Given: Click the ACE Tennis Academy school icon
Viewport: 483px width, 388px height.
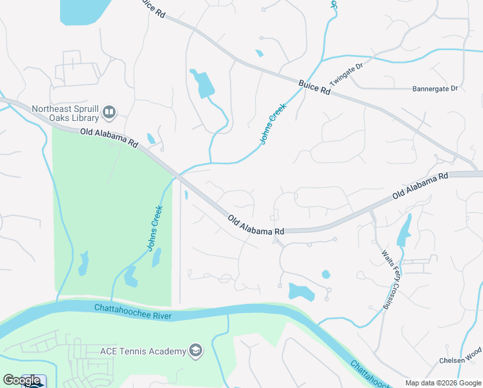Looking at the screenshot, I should tap(194, 351).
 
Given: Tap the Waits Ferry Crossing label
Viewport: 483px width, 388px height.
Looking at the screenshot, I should tap(389, 279).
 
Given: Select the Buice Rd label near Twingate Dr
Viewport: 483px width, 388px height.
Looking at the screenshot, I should tap(314, 87).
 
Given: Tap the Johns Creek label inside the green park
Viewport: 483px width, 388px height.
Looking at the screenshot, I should tap(154, 228).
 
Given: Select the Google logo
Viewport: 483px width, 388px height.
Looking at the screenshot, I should tap(22, 380).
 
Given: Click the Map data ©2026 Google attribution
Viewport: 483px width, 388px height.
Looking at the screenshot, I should tap(443, 383).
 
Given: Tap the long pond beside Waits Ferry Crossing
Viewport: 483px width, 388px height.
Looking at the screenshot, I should tap(404, 231).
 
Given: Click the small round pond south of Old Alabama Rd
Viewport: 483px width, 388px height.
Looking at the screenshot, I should tap(325, 274).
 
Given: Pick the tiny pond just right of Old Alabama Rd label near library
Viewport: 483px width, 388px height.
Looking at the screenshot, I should tap(150, 138).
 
